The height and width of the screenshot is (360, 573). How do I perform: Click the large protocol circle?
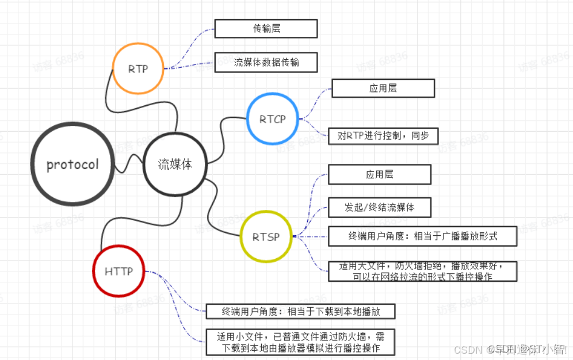pos(72,164)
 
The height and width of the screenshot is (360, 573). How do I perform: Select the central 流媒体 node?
pos(175,164)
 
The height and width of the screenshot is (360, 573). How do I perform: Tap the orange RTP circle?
pos(138,68)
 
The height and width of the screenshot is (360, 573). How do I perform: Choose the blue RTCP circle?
pos(273,120)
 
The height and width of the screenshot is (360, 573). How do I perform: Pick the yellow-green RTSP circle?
pos(266,236)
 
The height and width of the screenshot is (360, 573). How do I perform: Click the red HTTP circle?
pos(119,271)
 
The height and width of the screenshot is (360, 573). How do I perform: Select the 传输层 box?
pos(266,29)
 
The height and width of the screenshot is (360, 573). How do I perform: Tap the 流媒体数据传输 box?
pos(266,63)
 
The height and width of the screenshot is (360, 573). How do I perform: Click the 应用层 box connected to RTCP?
pos(383,89)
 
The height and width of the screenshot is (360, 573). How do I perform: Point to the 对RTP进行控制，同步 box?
pos(383,136)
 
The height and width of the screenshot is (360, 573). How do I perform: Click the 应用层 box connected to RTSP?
pos(379,174)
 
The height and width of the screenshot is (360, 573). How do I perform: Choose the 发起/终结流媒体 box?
pos(379,207)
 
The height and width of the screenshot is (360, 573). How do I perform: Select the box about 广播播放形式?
pos(422,236)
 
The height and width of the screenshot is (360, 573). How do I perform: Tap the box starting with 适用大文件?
pos(422,271)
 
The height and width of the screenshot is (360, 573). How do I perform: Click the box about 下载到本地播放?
pos(301,312)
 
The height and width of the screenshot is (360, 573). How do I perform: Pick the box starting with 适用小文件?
pos(301,342)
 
